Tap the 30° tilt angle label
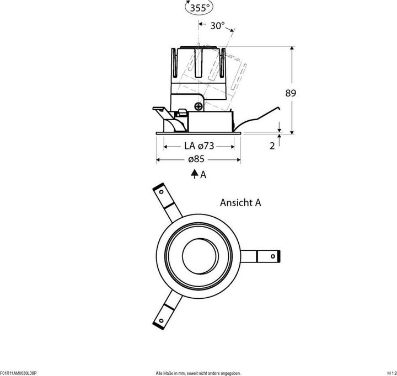point(217,25)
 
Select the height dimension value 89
point(291,93)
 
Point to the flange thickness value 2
point(272,146)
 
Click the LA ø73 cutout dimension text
point(199,146)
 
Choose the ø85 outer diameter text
point(196,159)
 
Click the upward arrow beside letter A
point(195,174)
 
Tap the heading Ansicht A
point(240,202)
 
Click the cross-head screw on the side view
point(199,106)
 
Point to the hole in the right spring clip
point(273,256)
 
